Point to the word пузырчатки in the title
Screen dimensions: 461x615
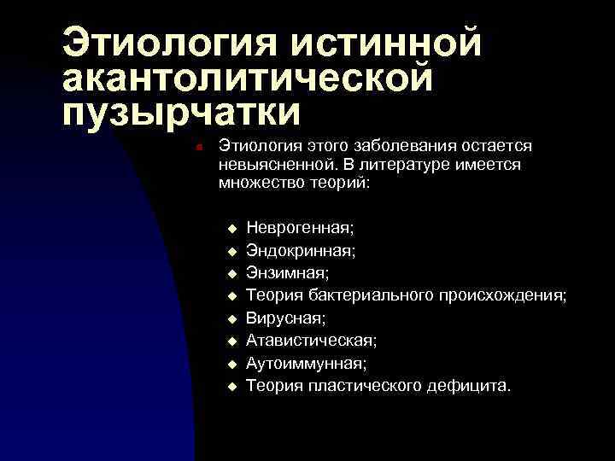click(x=181, y=114)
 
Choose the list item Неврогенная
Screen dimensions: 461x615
click(x=300, y=228)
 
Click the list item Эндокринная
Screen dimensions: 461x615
click(x=302, y=250)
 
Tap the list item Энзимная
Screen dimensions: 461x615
click(x=287, y=273)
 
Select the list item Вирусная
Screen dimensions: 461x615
click(x=285, y=318)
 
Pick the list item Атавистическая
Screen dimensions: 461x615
click(x=311, y=341)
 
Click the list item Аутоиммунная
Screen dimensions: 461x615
click(x=307, y=364)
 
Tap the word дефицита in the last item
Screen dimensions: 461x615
click(x=472, y=386)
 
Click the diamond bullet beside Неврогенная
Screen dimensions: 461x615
click(x=230, y=229)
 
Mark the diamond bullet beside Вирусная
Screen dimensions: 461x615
click(x=230, y=319)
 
